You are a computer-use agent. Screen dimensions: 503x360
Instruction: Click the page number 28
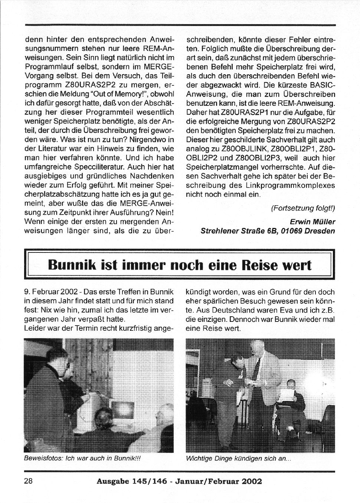(29, 481)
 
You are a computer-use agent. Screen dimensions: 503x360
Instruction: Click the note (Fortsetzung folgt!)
(303, 208)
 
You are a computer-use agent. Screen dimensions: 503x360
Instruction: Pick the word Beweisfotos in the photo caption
(42, 458)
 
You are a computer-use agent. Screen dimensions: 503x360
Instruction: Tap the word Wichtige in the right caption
(199, 458)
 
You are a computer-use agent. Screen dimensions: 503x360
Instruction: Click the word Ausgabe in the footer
(112, 481)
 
